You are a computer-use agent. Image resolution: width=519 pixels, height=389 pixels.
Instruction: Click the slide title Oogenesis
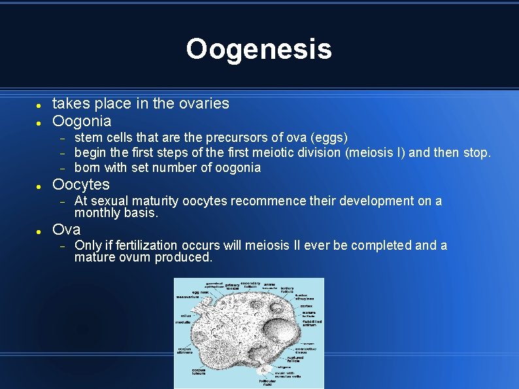(259, 49)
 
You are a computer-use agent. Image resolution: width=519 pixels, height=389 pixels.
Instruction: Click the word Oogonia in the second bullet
(82, 121)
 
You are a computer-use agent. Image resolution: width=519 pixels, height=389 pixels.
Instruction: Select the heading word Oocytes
(80, 184)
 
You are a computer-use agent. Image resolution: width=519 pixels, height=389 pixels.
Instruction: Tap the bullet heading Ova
(66, 229)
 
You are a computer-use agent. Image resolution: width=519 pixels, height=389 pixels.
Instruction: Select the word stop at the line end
(476, 153)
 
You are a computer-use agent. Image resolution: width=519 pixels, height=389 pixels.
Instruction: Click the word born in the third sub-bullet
(87, 168)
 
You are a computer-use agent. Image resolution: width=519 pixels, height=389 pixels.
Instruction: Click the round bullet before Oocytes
(39, 186)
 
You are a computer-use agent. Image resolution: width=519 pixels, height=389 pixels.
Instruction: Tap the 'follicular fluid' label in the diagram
(267, 383)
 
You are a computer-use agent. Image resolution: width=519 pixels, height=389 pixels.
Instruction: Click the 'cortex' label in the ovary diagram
(307, 306)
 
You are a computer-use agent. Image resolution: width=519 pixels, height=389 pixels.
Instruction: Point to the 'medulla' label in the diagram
(183, 322)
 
